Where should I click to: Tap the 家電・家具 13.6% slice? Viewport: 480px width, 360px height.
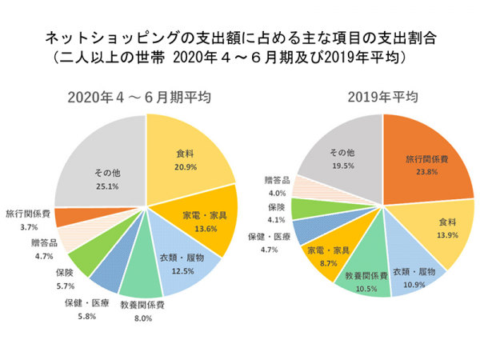203,219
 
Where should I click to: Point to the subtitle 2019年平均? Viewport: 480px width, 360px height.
382,98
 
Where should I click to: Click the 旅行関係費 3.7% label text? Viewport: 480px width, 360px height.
28,220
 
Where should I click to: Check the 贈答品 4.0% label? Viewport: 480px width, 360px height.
275,187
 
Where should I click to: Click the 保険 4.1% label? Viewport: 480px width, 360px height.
275,212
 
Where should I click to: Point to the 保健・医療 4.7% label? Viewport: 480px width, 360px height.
269,242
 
